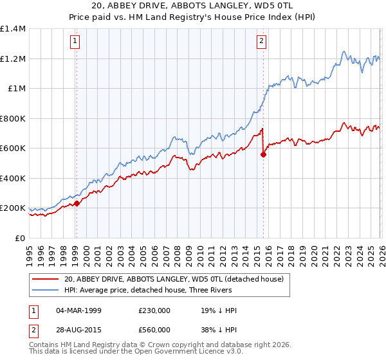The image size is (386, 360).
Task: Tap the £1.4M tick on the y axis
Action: click(13, 29)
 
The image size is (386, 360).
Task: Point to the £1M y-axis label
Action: click(16, 89)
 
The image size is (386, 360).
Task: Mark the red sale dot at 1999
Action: click(77, 203)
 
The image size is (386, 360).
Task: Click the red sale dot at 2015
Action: click(263, 154)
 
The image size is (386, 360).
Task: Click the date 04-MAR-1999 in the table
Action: click(78, 310)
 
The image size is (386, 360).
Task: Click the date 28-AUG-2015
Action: click(78, 329)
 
